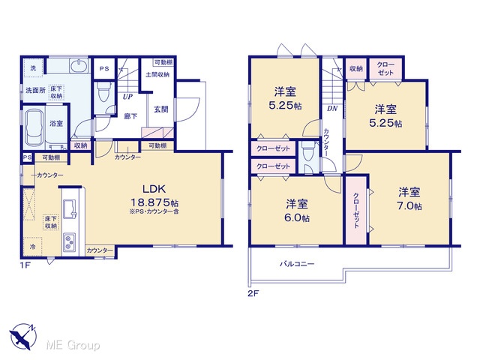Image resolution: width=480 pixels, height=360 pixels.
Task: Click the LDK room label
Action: tap(154, 189)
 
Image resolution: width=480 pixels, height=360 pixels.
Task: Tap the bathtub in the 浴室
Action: tap(34, 128)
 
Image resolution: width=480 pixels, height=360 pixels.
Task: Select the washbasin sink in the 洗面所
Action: tap(79, 65)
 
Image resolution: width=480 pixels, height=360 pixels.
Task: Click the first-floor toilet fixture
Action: tap(102, 91)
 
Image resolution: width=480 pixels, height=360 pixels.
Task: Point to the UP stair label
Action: tap(128, 97)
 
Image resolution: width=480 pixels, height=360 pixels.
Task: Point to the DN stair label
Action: tap(331, 108)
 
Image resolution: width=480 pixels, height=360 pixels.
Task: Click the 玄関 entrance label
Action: tap(161, 109)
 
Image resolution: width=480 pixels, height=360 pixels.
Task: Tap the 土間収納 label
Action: tap(157, 74)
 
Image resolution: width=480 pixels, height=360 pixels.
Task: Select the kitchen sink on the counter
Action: tap(70, 208)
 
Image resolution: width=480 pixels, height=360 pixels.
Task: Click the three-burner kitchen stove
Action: tap(70, 241)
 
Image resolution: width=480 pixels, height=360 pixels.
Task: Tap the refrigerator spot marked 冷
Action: tap(32, 247)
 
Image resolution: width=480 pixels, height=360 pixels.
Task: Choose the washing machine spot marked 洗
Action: tap(33, 67)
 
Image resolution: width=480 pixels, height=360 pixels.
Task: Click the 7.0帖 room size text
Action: tap(409, 206)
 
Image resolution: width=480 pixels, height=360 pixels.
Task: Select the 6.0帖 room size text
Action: tap(297, 217)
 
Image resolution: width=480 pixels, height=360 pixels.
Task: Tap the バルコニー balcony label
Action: tap(297, 264)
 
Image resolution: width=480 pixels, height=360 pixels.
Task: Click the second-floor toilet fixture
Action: tap(307, 152)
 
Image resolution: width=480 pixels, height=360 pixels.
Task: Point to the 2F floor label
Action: tap(253, 293)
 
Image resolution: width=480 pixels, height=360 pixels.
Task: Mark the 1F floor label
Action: tap(25, 265)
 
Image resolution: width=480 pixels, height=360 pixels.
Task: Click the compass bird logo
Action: tap(23, 336)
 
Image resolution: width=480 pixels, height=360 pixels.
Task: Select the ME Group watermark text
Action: tap(73, 346)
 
